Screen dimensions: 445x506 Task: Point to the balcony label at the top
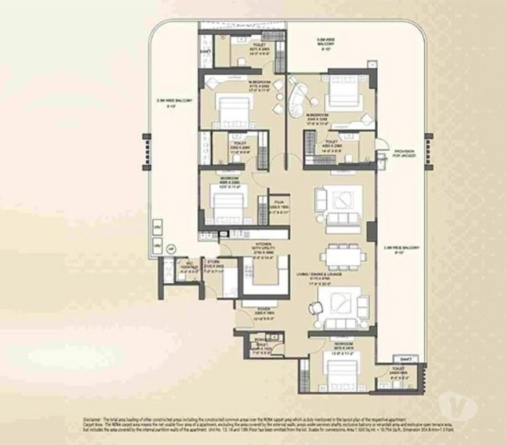click(325, 43)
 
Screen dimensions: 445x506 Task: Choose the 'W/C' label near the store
click(182, 265)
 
